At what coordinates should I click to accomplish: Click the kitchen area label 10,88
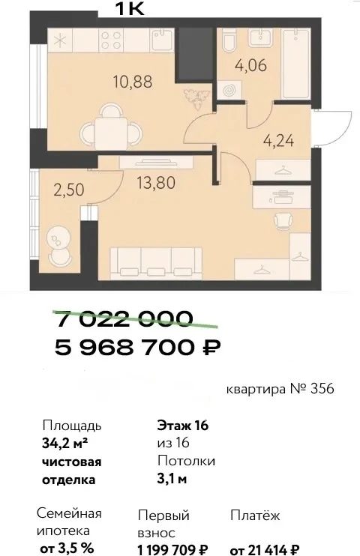[133, 82]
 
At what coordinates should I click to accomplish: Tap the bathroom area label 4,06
[251, 66]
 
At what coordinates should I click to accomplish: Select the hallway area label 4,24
[279, 141]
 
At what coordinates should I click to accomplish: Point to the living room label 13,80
[156, 183]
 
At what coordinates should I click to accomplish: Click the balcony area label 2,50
[69, 190]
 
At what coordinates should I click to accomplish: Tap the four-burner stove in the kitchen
[111, 40]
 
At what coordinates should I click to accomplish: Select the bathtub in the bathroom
[295, 64]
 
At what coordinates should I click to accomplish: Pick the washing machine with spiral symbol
[229, 90]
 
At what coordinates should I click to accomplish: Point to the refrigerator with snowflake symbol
[60, 40]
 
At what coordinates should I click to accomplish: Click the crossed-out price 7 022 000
[125, 318]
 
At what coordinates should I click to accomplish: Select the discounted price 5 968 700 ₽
[138, 347]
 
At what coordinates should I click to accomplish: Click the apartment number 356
[322, 389]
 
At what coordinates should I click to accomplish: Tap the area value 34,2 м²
[65, 444]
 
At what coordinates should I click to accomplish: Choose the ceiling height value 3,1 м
[172, 479]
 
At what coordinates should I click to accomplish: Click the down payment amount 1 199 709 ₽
[173, 549]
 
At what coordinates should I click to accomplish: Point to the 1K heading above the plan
[130, 8]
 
